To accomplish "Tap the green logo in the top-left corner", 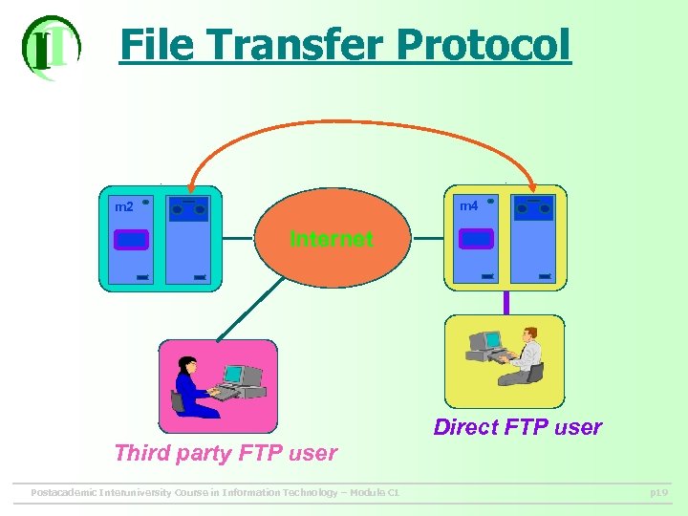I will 50,47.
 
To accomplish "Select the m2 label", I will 124,207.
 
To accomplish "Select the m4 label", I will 468,206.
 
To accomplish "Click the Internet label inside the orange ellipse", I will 332,239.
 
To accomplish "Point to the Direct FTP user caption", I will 518,427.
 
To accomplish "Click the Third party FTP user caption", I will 226,453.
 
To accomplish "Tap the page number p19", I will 658,492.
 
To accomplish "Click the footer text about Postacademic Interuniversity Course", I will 215,492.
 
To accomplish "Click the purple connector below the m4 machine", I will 505,303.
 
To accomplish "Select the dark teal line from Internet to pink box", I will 250,308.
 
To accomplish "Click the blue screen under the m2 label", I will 132,239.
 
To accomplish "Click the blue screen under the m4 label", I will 476,238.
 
